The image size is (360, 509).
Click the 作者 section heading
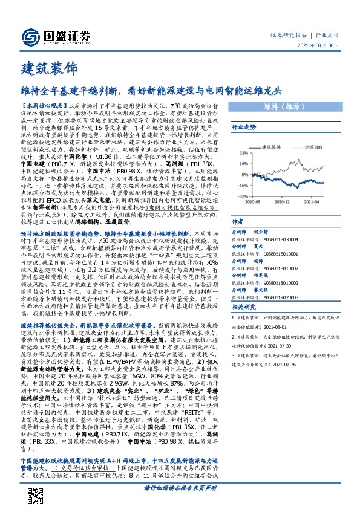pyautogui.click(x=238, y=222)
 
